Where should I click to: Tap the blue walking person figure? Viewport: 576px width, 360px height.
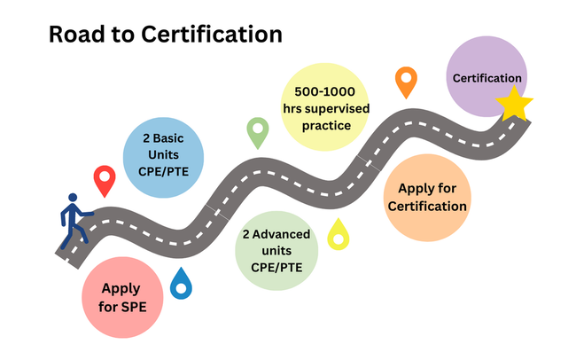pos(74,222)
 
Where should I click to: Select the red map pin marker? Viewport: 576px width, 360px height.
pos(105,180)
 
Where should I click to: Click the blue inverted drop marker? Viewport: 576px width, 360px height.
pos(181,283)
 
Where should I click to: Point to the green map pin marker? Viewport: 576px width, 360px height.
pos(258,132)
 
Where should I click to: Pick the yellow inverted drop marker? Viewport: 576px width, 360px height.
pos(339,234)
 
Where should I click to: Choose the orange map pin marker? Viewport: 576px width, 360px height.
pos(406,82)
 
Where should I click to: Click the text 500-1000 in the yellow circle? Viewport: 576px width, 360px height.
pos(324,91)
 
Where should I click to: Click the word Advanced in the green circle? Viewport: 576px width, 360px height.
pos(284,235)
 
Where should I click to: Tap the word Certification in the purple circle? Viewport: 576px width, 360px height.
pos(486,79)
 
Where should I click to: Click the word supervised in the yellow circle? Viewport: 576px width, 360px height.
pos(341,108)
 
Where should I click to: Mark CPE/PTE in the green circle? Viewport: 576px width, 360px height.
pos(276,267)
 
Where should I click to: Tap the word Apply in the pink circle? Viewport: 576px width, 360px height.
pos(121,288)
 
